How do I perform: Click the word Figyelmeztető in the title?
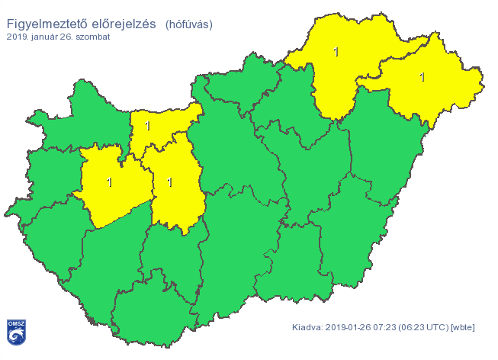click(x=43, y=24)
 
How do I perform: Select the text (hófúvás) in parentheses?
click(x=188, y=24)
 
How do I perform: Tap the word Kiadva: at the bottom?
click(x=308, y=327)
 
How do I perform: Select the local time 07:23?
click(x=390, y=327)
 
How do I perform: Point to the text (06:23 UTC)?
click(x=427, y=327)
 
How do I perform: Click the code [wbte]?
click(x=463, y=327)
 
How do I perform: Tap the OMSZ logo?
click(x=16, y=331)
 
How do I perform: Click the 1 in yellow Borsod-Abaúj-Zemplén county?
click(x=336, y=52)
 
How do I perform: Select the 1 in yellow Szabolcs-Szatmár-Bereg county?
click(x=422, y=76)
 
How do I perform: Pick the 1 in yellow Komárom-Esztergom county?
click(x=148, y=126)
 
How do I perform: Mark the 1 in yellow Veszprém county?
click(x=110, y=182)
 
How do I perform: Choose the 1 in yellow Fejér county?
click(x=169, y=182)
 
